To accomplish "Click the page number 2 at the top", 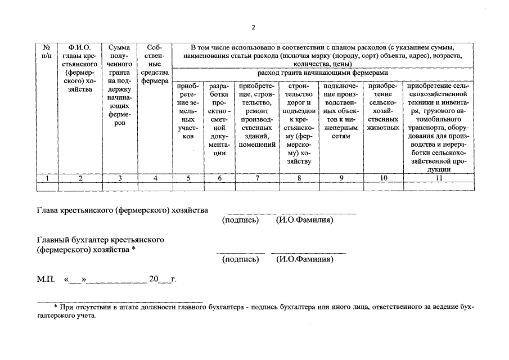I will coord(254,27).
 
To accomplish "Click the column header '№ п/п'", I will coord(47,51).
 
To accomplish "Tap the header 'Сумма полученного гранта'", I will coord(119,84).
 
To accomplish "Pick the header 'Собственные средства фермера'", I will coord(155,64).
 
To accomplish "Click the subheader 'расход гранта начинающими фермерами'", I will coord(322,73).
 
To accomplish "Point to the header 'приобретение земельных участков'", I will coord(188,111).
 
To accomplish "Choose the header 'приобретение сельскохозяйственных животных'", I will coord(382,107).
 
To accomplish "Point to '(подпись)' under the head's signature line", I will coord(240,220).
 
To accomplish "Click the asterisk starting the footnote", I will coord(56,308).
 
